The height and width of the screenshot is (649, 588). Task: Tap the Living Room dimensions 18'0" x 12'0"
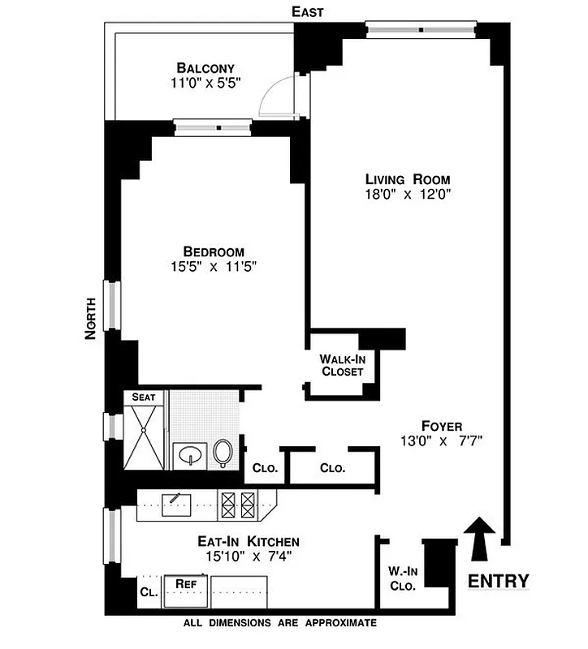coord(407,194)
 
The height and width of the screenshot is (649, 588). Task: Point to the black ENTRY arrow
coord(480,539)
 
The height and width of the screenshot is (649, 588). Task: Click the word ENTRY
coord(499,581)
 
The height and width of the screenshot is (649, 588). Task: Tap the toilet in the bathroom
coord(223,453)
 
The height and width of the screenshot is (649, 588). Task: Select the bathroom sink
coord(190,454)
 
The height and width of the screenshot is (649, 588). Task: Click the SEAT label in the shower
coord(144,398)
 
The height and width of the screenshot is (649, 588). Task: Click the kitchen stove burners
coord(239,506)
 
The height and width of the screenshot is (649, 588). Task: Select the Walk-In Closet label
coord(340,365)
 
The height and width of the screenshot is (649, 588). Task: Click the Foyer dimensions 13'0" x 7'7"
coord(442,441)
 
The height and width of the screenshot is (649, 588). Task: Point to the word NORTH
coord(91,318)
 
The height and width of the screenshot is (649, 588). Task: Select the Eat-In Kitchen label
coord(237,541)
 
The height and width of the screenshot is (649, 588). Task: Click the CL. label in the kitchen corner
coord(148,592)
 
